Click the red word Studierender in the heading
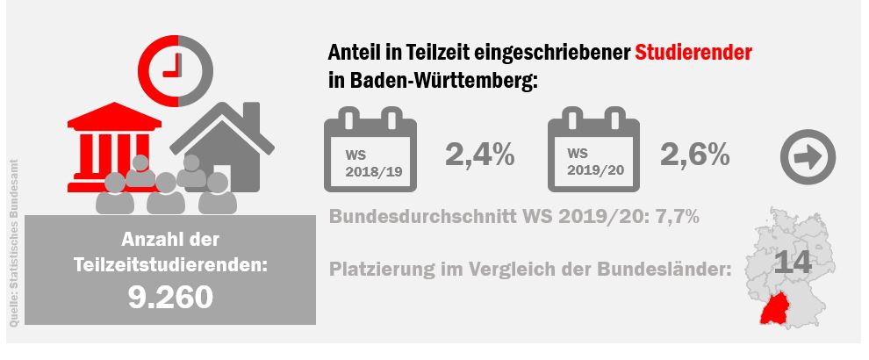coord(694,53)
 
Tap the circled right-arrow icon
coord(808,157)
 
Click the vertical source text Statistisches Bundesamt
coord(14,246)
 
